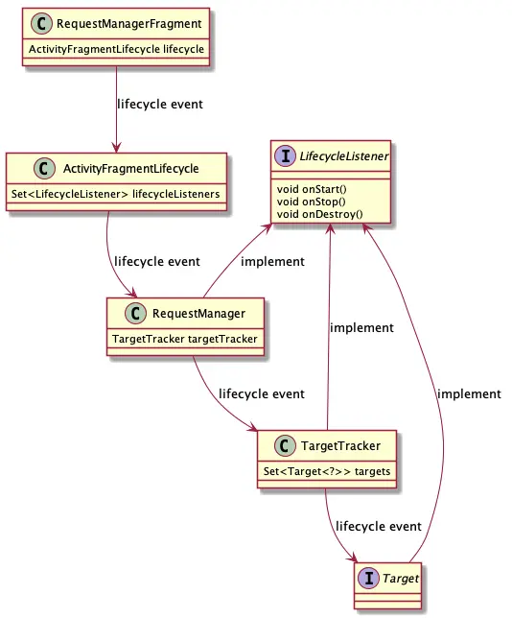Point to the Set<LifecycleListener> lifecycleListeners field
(x=116, y=193)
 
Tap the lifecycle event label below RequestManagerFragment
(x=158, y=103)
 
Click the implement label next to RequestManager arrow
(x=272, y=261)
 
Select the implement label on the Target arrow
(x=468, y=393)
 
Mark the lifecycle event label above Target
(x=378, y=527)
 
